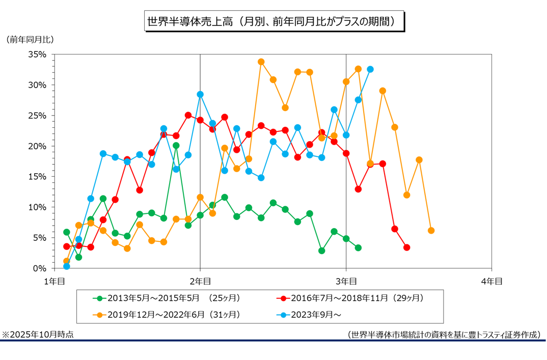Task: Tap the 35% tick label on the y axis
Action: point(38,54)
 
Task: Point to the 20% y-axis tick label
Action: point(38,146)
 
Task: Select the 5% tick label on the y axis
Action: point(40,238)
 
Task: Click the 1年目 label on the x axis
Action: point(54,281)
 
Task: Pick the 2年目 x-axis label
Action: point(200,281)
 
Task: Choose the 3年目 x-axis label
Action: point(346,281)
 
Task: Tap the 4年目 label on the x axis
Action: point(491,281)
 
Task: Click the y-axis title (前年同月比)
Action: point(30,39)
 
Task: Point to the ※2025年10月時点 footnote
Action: point(38,335)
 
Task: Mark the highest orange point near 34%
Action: point(261,62)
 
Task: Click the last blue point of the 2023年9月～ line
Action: point(370,69)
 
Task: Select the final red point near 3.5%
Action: point(406,247)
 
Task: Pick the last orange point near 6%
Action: point(431,231)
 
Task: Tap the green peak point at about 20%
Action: point(176,146)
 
